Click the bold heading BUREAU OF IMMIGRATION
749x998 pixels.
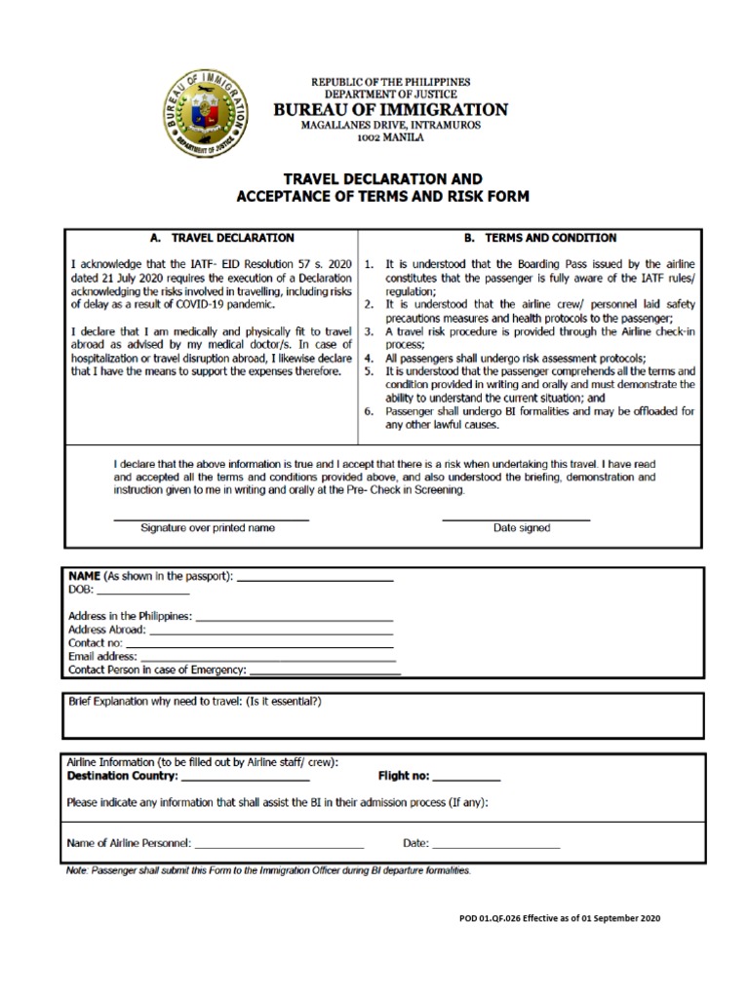coord(390,110)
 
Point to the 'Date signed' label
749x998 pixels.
coord(522,528)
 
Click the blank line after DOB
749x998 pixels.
coord(142,594)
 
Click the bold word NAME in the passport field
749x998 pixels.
coord(84,577)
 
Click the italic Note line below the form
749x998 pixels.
coord(268,870)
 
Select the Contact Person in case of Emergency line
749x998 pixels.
coord(325,673)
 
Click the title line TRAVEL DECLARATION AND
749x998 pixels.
coord(382,180)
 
